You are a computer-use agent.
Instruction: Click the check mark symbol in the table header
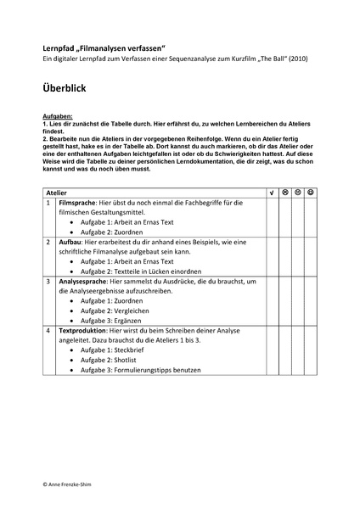tap(271, 193)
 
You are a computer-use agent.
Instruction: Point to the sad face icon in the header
tap(285, 193)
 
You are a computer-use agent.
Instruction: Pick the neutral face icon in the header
tap(298, 193)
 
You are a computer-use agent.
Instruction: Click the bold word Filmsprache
tap(78, 203)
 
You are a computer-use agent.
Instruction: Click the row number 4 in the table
tap(48, 329)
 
